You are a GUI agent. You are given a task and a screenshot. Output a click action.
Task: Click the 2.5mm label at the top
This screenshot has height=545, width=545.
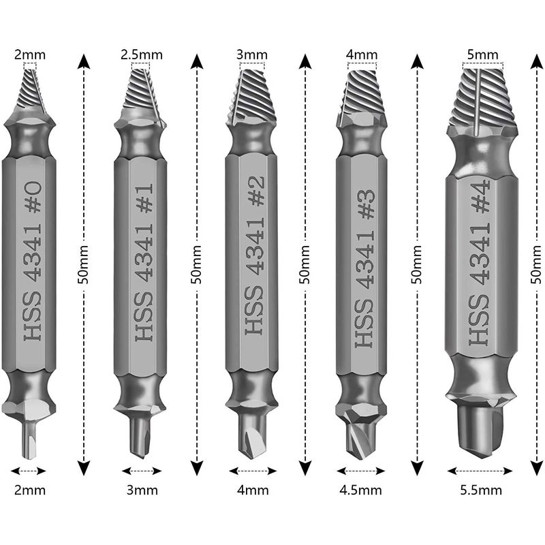click(x=141, y=53)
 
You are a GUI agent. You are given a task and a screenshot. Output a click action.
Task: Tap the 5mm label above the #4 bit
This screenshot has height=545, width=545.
click(x=482, y=53)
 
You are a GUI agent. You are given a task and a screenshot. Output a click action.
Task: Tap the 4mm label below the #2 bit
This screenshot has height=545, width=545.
click(x=253, y=490)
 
